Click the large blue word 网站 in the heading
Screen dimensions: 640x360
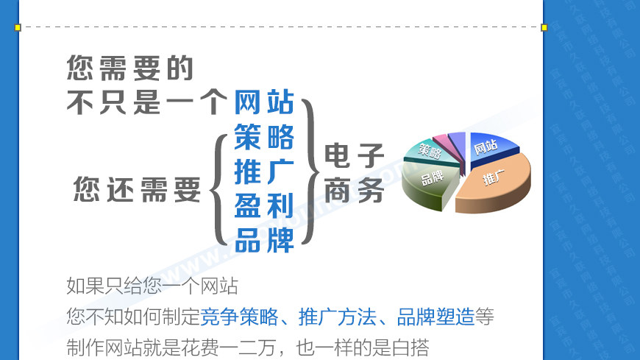click(x=264, y=102)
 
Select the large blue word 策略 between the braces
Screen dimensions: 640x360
click(x=264, y=137)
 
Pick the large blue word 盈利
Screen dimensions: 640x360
click(x=264, y=205)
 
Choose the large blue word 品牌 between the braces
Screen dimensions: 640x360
click(x=264, y=239)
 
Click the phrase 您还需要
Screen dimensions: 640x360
click(x=138, y=190)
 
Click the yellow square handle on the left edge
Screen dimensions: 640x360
click(x=18, y=27)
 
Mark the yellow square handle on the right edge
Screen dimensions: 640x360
click(x=544, y=27)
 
